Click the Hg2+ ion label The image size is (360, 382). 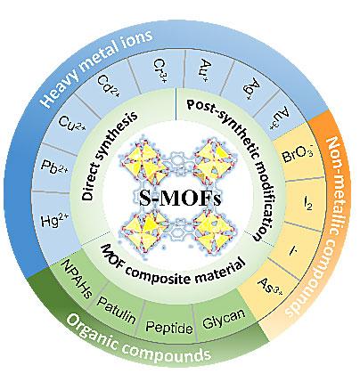[54, 220]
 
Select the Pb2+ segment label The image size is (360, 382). [54, 167]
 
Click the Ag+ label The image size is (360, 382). [253, 88]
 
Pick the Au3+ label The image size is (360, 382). [278, 118]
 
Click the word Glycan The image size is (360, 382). [224, 319]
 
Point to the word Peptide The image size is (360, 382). [169, 328]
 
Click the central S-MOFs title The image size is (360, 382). [180, 198]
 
